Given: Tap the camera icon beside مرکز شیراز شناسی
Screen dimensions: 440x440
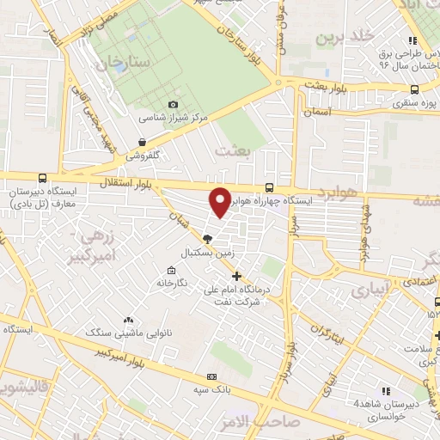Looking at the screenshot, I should (174, 104).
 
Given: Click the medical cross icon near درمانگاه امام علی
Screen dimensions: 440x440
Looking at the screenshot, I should (237, 277).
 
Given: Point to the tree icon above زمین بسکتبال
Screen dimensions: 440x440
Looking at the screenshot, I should (206, 240).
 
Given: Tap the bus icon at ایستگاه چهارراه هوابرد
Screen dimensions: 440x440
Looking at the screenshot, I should (270, 187).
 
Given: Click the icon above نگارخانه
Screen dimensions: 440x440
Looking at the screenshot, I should (160, 282).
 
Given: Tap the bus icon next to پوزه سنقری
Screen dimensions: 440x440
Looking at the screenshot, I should (415, 89).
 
